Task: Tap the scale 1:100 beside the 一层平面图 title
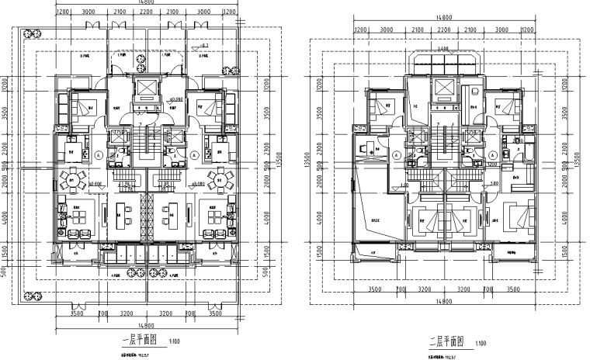(175, 340)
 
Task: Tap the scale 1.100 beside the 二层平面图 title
(481, 340)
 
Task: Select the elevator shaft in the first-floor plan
(146, 89)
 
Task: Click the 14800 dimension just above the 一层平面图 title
(145, 324)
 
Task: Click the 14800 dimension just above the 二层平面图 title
(444, 303)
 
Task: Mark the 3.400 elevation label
(442, 48)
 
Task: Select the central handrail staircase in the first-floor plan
(146, 144)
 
